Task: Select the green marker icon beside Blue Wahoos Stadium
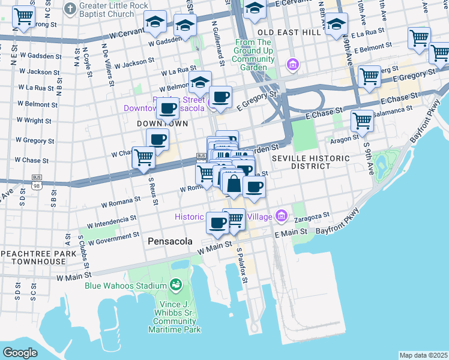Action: (176, 284)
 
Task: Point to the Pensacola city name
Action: (170, 241)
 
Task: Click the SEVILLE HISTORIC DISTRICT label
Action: (310, 162)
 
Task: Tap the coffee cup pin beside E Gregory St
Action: (220, 97)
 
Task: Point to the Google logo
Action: (20, 353)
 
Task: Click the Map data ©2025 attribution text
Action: (423, 355)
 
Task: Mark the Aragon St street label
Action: (344, 139)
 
